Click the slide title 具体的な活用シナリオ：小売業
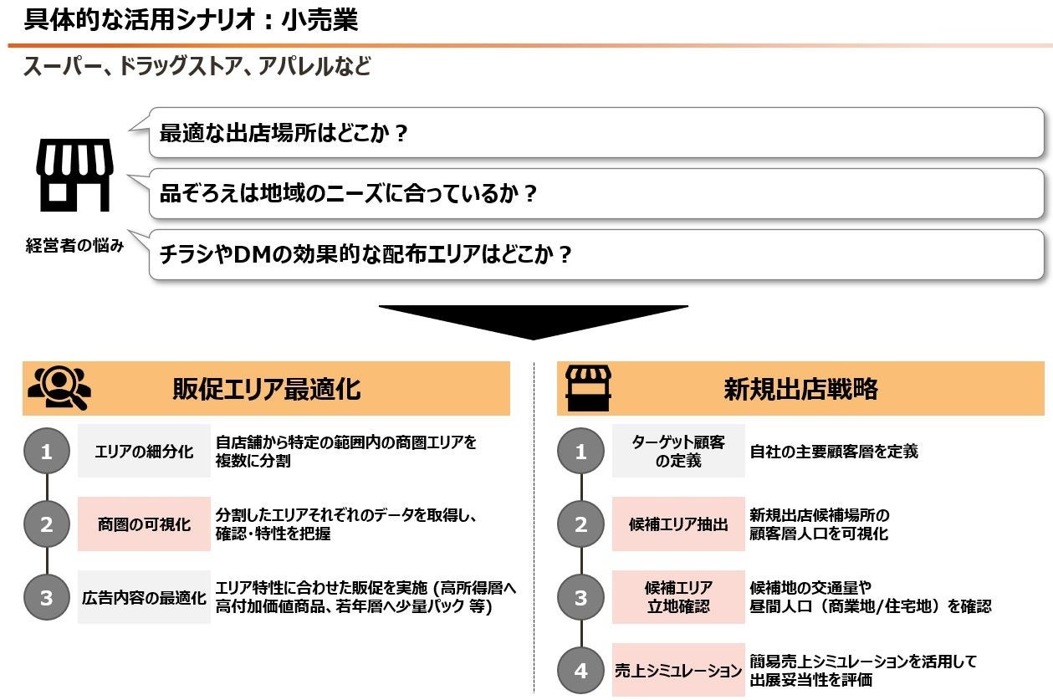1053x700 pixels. click(x=191, y=19)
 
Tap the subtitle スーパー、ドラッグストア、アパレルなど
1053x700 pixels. click(x=197, y=67)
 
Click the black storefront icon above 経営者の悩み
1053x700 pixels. click(x=74, y=175)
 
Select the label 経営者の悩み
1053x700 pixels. click(x=74, y=246)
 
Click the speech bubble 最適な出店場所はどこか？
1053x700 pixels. click(x=596, y=133)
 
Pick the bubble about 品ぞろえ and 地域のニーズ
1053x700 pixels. click(x=596, y=194)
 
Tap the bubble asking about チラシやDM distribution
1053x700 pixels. click(x=596, y=254)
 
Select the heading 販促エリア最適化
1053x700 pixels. click(x=266, y=389)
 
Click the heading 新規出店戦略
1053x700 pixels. click(x=800, y=389)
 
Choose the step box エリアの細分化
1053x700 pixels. click(x=144, y=452)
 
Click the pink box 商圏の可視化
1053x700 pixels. click(x=144, y=524)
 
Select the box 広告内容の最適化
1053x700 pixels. click(x=144, y=597)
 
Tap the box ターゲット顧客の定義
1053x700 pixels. click(x=677, y=452)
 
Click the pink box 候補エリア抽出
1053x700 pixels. click(x=677, y=524)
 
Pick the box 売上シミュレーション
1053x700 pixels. click(x=677, y=670)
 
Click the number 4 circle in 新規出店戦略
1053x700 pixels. click(x=580, y=670)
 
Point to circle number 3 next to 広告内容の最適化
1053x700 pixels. click(x=46, y=597)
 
